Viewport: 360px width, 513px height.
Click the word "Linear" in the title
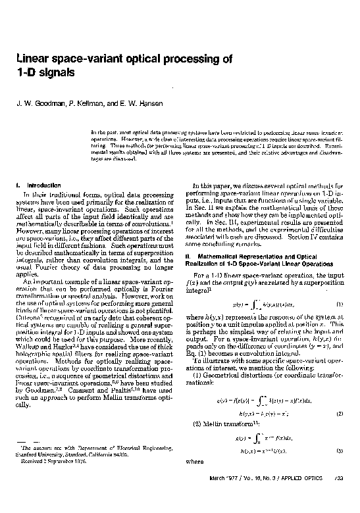(x=34, y=58)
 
